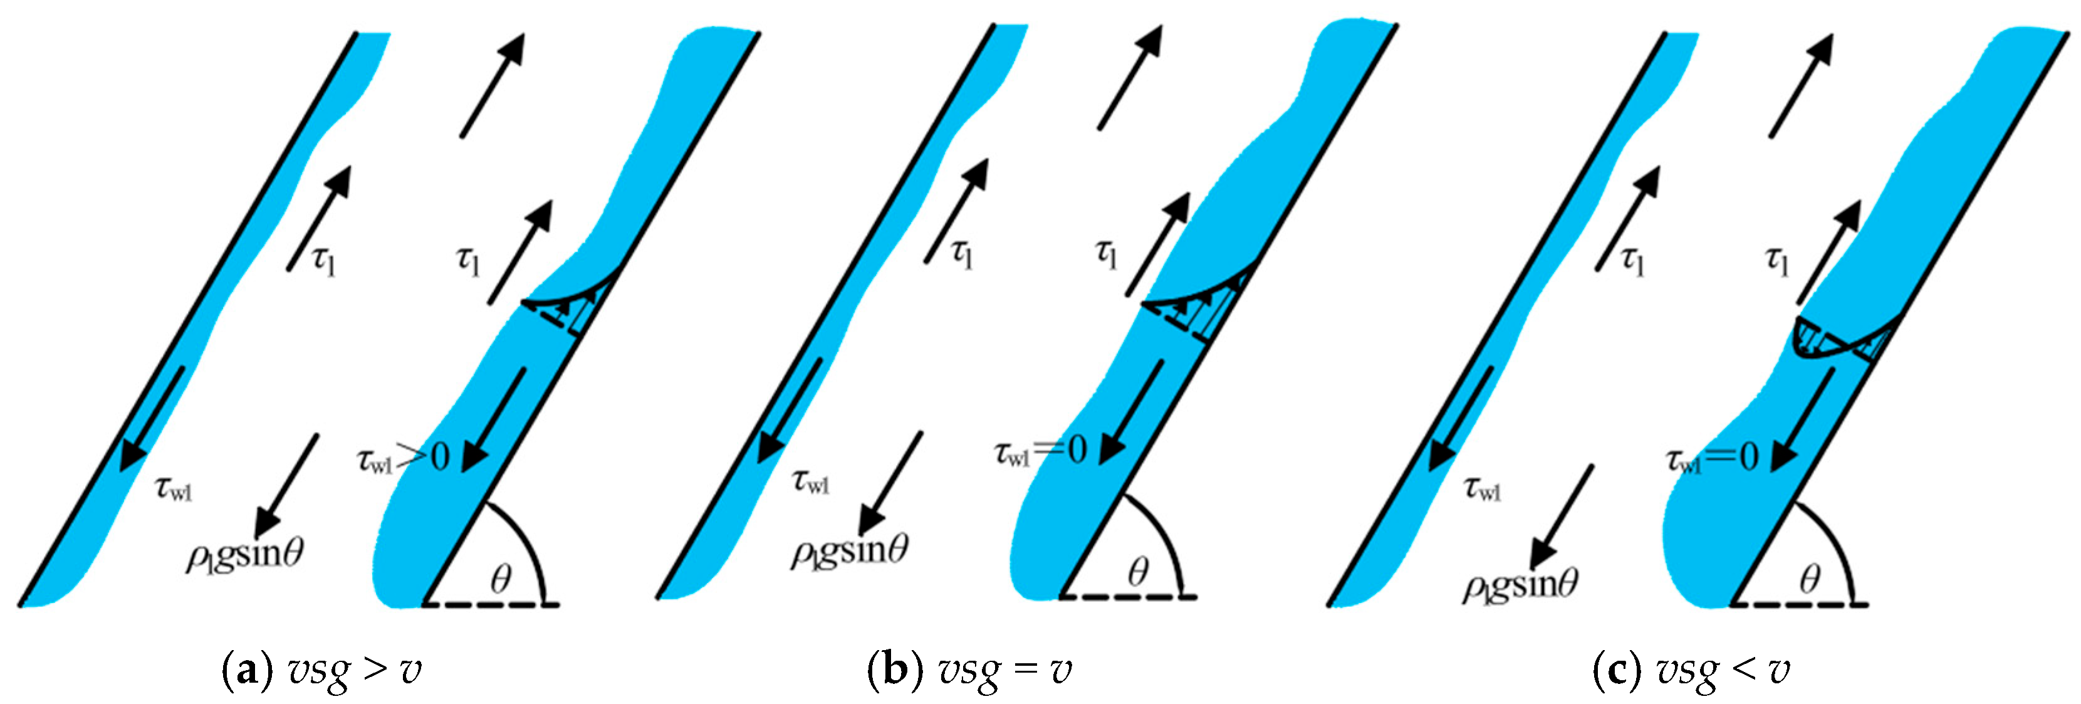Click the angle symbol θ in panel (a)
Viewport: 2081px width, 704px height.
pos(501,579)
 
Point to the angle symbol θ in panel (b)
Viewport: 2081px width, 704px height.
pos(1138,572)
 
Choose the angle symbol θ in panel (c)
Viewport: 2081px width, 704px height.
pos(1810,579)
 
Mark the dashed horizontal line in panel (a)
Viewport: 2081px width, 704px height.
pos(491,604)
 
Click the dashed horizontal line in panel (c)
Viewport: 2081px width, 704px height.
pos(1800,604)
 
